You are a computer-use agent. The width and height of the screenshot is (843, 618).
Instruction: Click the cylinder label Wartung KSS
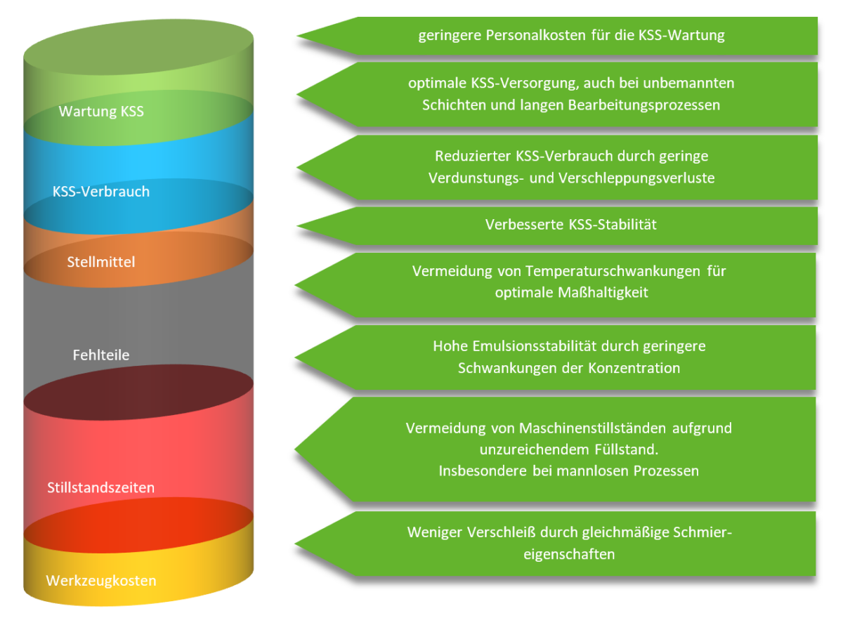click(101, 111)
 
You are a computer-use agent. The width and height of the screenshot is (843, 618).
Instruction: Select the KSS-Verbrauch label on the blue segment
click(101, 191)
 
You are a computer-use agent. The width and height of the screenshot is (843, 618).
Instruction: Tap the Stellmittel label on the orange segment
click(101, 262)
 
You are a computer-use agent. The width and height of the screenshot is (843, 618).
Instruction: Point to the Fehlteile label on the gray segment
click(101, 355)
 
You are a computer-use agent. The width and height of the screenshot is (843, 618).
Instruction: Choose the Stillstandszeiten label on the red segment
click(101, 487)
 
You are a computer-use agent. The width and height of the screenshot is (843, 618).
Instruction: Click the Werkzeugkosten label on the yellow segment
click(101, 581)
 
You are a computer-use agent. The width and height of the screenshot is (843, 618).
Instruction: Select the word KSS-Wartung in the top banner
click(681, 35)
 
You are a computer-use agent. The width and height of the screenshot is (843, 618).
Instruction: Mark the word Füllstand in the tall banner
click(625, 449)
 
